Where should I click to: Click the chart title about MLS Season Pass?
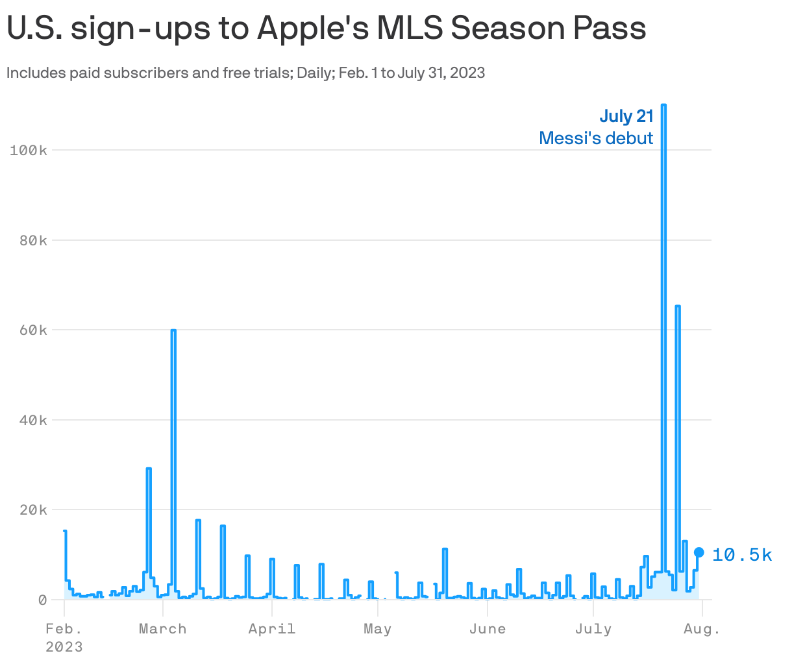(x=327, y=29)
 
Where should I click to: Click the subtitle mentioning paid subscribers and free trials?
(x=245, y=73)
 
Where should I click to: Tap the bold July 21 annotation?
(x=626, y=116)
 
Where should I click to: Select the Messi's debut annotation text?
(x=596, y=138)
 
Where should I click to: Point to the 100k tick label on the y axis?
(x=29, y=150)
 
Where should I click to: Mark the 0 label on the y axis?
(x=42, y=600)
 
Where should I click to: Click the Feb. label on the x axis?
(x=64, y=629)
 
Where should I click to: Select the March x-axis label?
(x=163, y=629)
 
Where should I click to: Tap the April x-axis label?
(x=272, y=629)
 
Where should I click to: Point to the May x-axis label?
(x=378, y=629)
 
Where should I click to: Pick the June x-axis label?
(x=488, y=629)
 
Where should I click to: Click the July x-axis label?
(x=593, y=629)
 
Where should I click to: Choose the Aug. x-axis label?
(x=702, y=629)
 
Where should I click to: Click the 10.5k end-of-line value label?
(x=742, y=555)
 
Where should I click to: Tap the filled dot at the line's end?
(x=699, y=552)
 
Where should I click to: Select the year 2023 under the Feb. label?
(x=64, y=647)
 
